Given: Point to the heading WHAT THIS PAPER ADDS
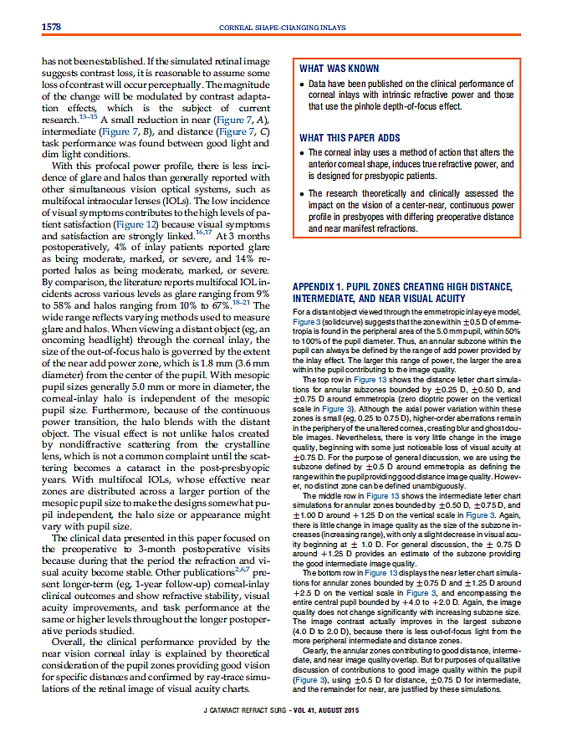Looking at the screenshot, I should (350, 138).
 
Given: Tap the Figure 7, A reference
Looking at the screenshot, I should (229, 120).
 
